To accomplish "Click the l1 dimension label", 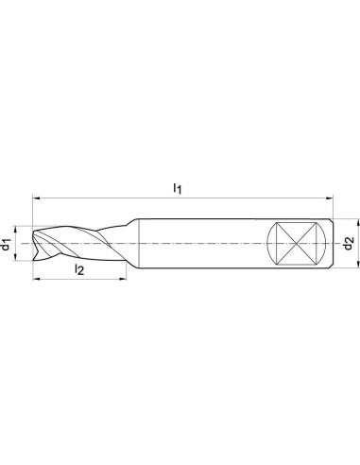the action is (178, 189).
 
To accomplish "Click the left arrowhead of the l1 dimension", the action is (36, 198).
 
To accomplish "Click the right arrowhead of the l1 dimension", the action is (329, 198).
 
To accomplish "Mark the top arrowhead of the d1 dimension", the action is (15, 230).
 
